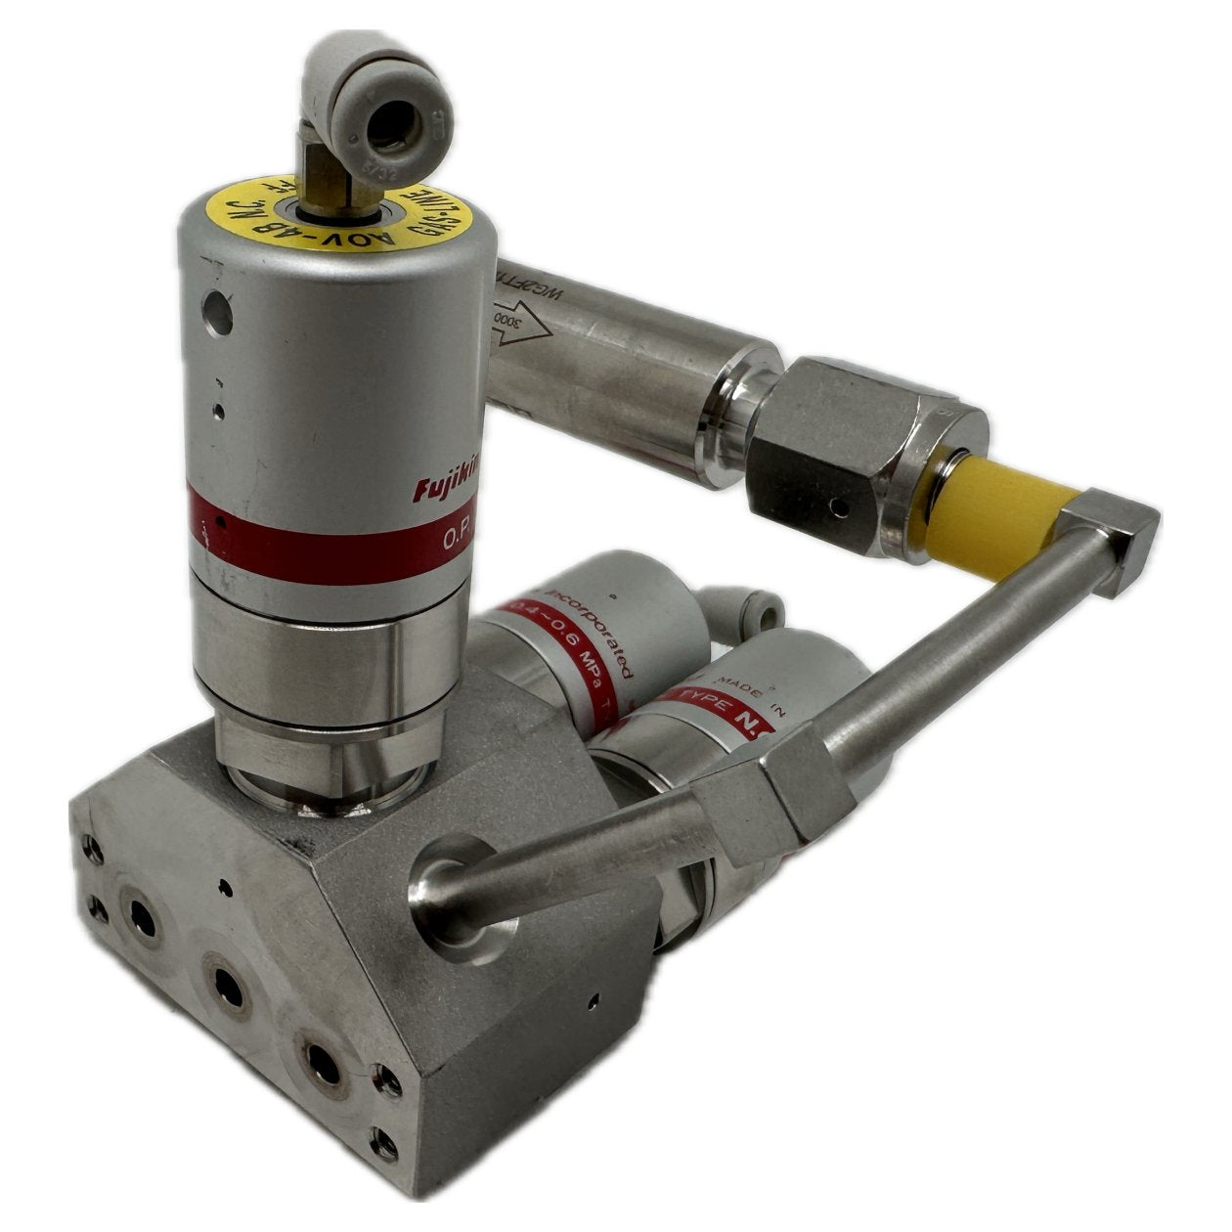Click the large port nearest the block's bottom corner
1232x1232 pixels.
coord(320,1064)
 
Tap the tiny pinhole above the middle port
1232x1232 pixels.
coord(227,887)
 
